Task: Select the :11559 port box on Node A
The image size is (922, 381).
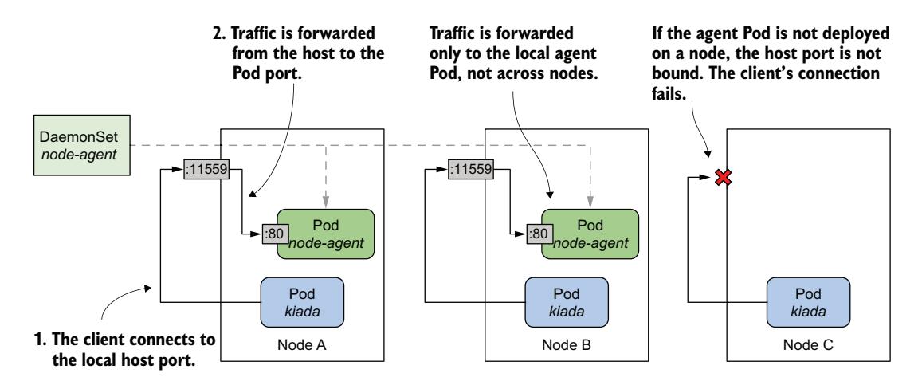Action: click(206, 169)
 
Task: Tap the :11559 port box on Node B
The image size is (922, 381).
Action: click(471, 169)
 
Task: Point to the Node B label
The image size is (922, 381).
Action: click(566, 348)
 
